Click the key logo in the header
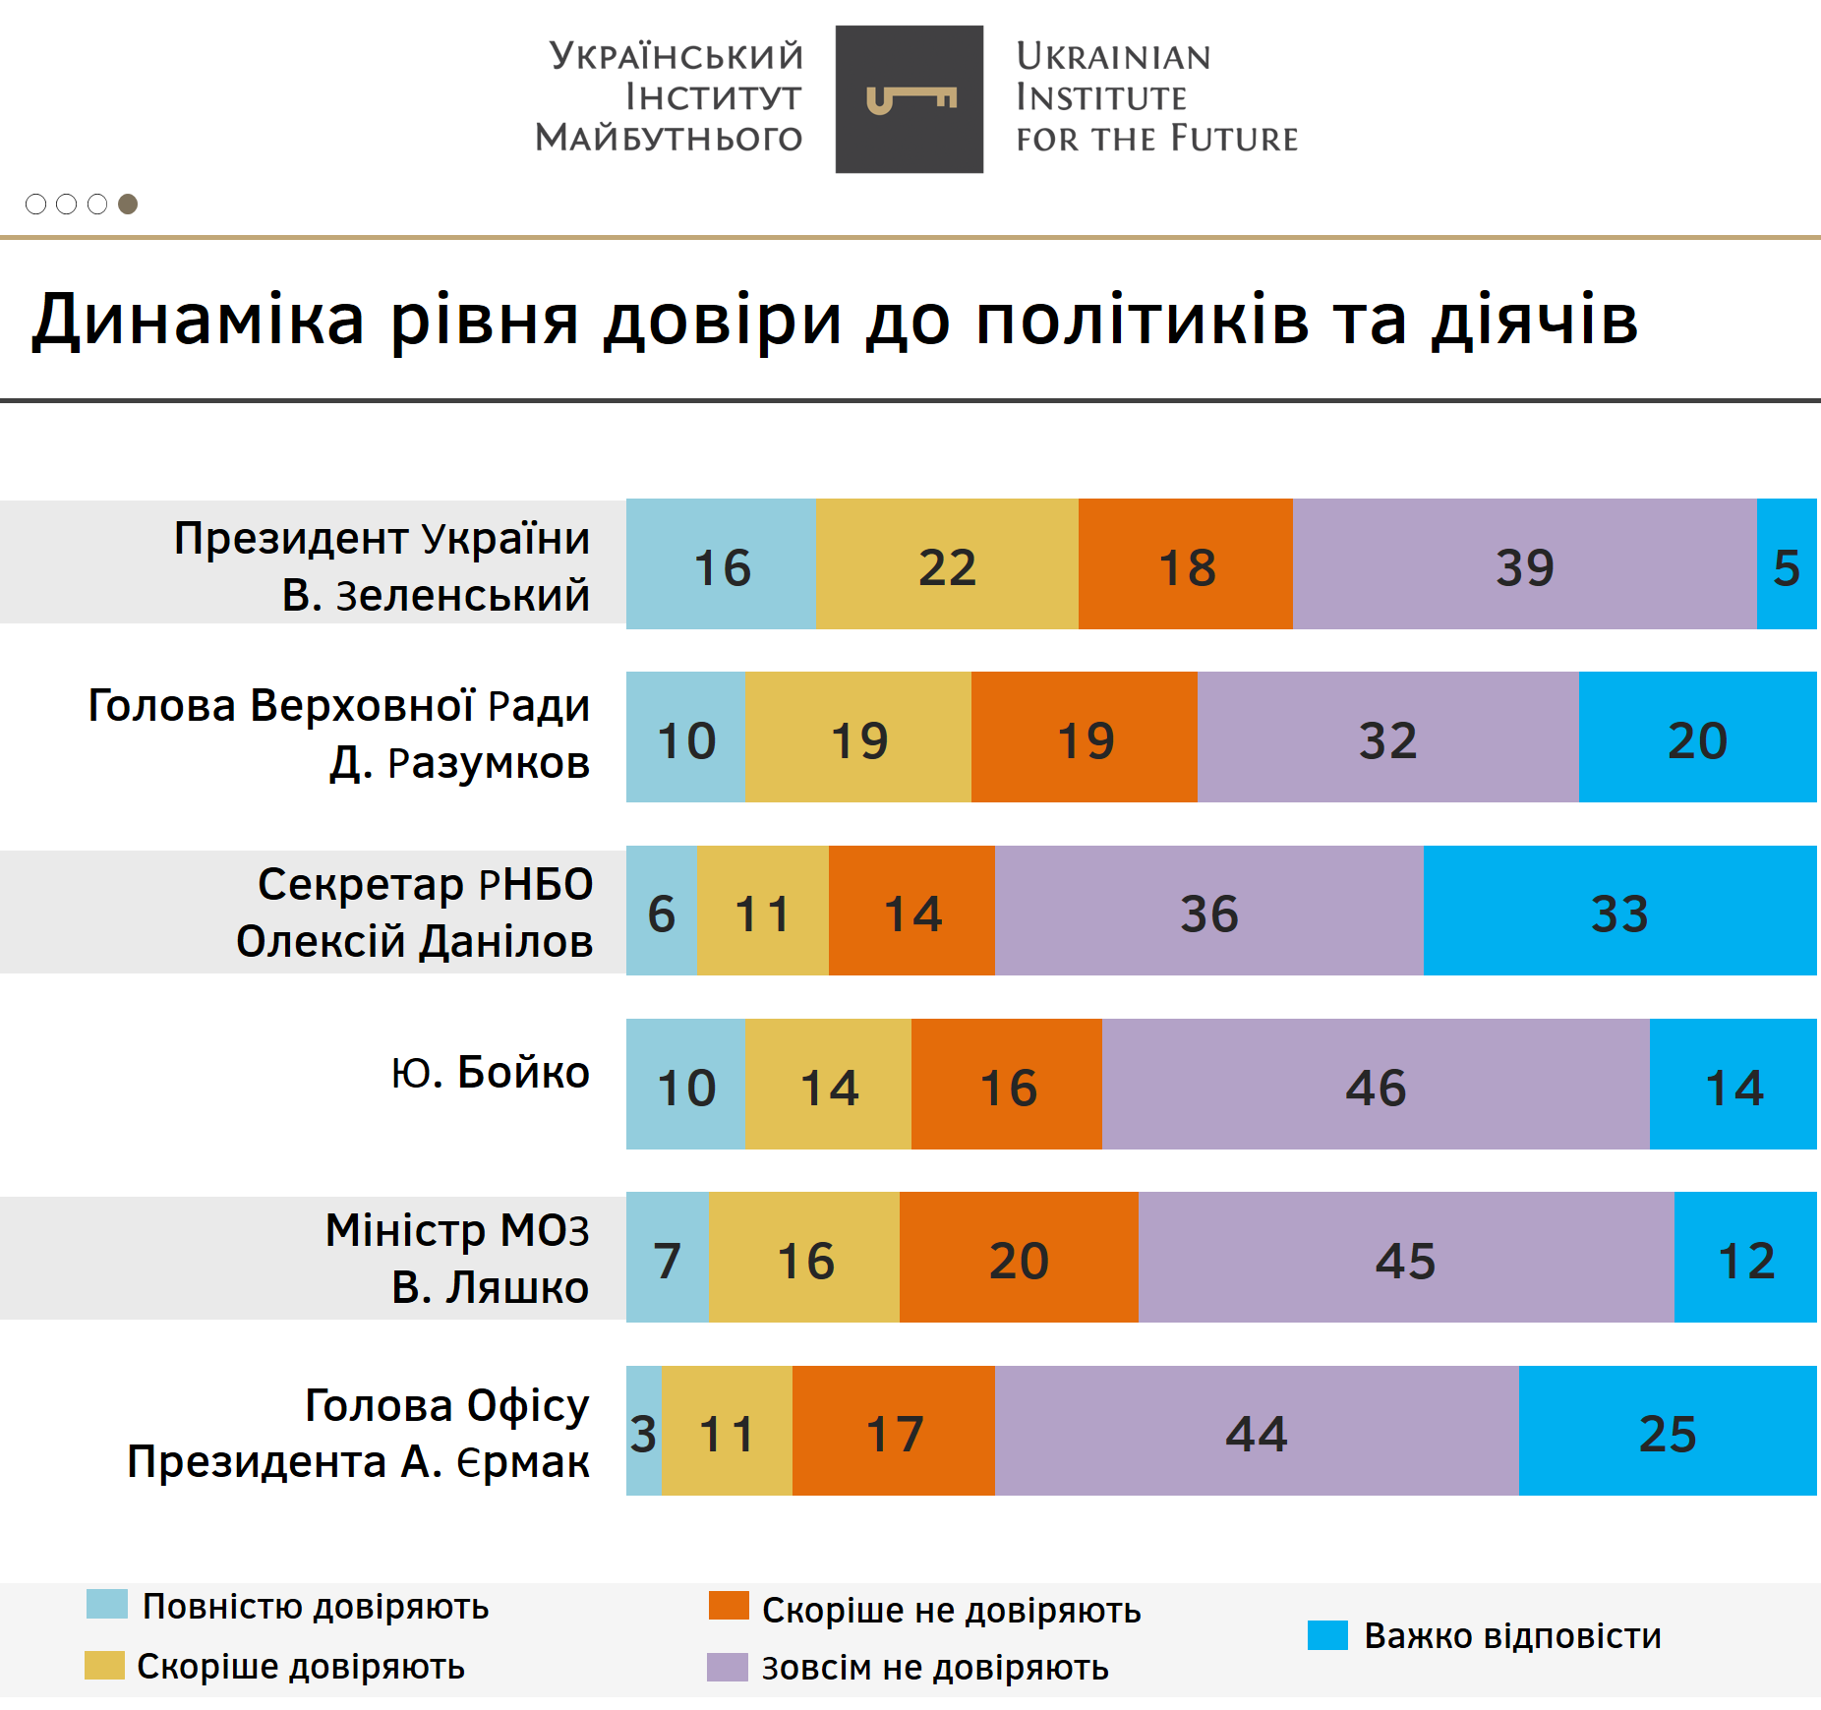910,99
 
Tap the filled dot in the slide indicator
128,204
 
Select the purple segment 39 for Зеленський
1524,564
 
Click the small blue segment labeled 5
1787,564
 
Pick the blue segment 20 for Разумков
1697,737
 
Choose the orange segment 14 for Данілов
911,911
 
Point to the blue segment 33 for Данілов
1619,911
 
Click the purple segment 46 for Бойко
1375,1085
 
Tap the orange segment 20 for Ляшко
1019,1258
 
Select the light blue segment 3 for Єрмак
644,1431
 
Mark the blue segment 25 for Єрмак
1668,1431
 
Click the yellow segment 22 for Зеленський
947,564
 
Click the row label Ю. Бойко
490,1072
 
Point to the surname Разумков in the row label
488,763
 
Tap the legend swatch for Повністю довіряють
106,1604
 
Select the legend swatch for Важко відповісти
1327,1635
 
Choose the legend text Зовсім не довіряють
935,1668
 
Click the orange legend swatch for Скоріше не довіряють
729,1606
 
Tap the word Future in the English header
1234,140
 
